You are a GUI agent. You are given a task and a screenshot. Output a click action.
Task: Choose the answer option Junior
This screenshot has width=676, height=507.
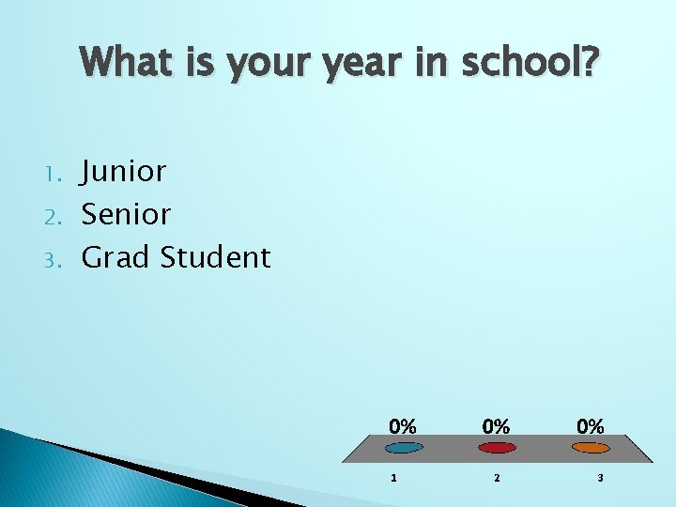[x=124, y=172]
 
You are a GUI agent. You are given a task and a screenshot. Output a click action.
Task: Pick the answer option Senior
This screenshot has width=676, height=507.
[x=126, y=214]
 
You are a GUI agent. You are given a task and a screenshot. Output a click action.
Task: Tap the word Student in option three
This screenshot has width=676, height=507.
[x=215, y=256]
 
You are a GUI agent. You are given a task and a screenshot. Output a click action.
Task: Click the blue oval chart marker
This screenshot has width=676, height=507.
[x=404, y=448]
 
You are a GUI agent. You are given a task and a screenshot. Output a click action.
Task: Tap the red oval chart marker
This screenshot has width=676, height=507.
[x=497, y=448]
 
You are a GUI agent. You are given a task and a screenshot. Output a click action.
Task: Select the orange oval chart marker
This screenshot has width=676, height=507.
[x=591, y=448]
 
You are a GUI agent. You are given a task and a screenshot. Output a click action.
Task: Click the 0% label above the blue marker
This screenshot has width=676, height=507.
[x=404, y=425]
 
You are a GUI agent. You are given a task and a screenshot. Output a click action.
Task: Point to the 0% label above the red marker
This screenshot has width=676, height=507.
[x=497, y=425]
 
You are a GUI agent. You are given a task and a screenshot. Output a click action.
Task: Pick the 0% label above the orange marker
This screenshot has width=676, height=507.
[x=591, y=425]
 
